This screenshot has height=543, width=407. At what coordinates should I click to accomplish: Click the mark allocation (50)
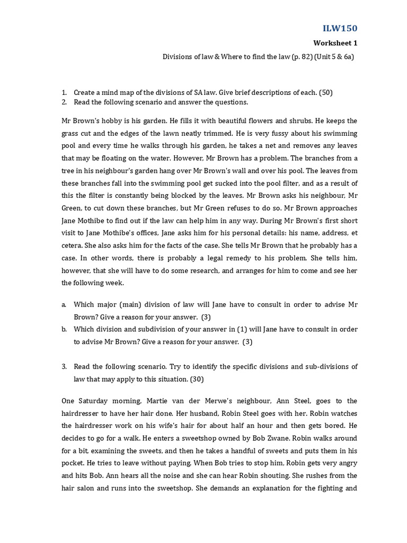[325, 92]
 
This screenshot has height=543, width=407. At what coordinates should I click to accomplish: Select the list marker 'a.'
[64, 305]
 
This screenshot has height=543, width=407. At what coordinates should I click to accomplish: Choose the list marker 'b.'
[64, 329]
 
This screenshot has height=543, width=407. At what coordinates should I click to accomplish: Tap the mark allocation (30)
[197, 379]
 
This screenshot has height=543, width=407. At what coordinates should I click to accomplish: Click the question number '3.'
[64, 366]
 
